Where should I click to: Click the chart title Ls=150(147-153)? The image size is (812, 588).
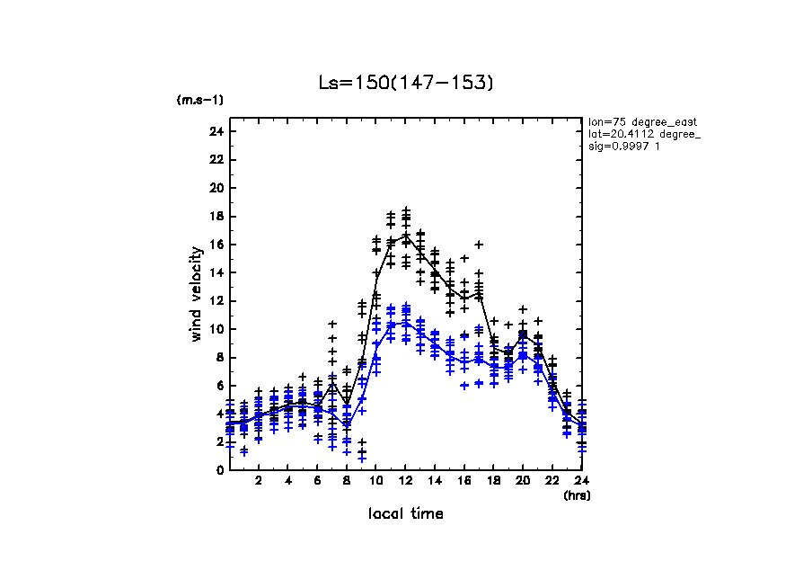pos(406,83)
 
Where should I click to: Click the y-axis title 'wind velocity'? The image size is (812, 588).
pos(196,294)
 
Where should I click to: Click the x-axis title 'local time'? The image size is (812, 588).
pos(406,513)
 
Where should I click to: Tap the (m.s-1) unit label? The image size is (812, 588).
pos(200,100)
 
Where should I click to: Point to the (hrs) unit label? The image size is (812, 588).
pos(577,494)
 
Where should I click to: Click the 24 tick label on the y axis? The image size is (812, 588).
pos(216,131)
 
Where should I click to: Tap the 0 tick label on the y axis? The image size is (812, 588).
pos(219,470)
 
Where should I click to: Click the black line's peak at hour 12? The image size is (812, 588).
pos(406,236)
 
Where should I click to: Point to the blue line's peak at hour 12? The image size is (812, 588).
pos(406,322)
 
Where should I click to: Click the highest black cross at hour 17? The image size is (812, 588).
pos(479,245)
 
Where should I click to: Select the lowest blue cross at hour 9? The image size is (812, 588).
pos(362,459)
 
